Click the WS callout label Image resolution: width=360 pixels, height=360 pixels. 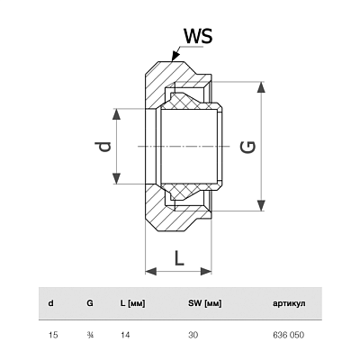(x=198, y=36)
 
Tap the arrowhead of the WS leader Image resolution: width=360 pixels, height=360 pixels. (x=175, y=56)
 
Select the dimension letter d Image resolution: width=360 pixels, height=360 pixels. (x=104, y=146)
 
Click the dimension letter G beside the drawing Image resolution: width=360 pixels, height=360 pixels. (x=248, y=147)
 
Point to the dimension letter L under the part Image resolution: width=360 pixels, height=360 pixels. (x=179, y=258)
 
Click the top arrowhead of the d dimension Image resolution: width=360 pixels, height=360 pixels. (x=116, y=115)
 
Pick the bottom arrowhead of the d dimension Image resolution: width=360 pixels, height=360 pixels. (x=116, y=178)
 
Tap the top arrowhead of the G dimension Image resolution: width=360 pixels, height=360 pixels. (x=262, y=87)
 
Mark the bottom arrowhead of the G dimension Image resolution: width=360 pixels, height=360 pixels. (x=262, y=205)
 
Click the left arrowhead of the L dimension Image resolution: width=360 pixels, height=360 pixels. (x=151, y=272)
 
